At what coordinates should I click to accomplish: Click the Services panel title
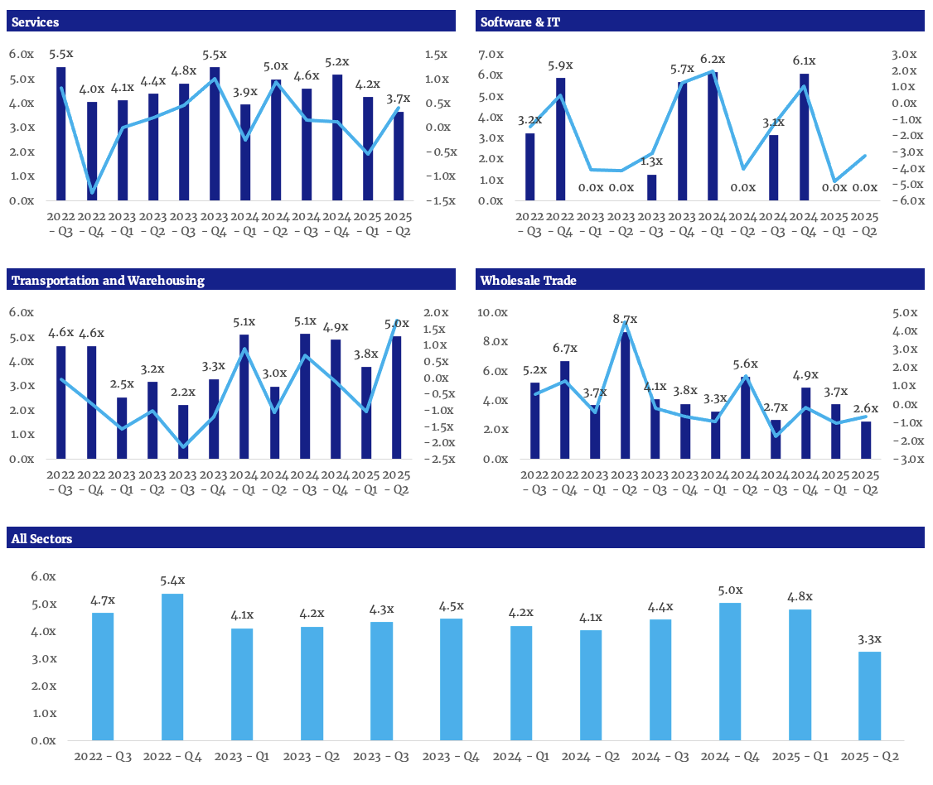(x=35, y=22)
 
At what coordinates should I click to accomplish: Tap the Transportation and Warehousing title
(x=108, y=280)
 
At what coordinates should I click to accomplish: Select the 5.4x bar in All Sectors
(x=172, y=667)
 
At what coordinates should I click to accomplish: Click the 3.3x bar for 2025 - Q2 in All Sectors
(x=869, y=696)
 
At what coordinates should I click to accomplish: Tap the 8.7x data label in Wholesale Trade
(x=626, y=319)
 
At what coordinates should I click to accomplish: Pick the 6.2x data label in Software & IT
(x=712, y=60)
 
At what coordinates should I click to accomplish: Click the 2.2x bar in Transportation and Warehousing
(x=183, y=431)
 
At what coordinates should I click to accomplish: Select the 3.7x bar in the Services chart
(x=399, y=157)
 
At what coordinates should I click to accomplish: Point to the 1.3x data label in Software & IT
(x=651, y=161)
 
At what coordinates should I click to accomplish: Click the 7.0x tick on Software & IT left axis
(x=491, y=55)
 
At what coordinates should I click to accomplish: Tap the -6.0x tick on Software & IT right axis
(x=902, y=200)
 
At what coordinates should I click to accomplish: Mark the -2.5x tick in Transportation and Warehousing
(x=435, y=459)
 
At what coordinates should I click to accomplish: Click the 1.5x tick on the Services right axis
(x=435, y=55)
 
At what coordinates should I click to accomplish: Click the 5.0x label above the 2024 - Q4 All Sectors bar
(x=730, y=590)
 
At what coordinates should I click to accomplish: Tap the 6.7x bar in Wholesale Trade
(x=565, y=410)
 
